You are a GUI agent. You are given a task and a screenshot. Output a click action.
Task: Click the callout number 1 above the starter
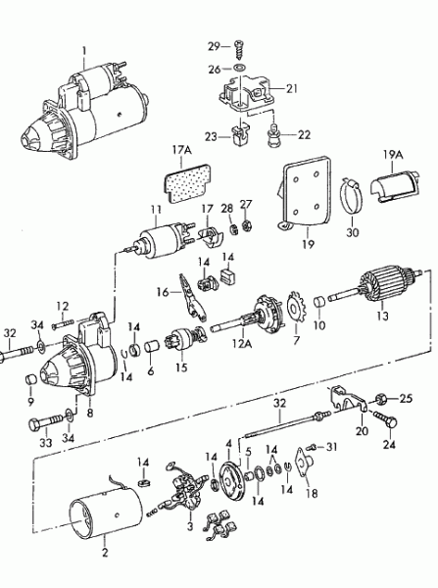[x=84, y=50]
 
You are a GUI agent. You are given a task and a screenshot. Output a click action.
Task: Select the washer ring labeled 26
[x=239, y=69]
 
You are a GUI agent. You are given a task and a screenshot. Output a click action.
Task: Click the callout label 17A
[x=181, y=150]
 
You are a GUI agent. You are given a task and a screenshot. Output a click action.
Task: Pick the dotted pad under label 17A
[x=187, y=182]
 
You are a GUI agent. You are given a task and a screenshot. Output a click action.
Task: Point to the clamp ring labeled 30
[x=352, y=197]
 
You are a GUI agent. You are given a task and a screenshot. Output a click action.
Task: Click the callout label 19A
[x=393, y=155]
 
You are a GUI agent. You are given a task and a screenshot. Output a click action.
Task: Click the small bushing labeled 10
[x=319, y=302]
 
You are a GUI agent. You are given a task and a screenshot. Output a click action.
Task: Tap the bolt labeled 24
[x=385, y=418]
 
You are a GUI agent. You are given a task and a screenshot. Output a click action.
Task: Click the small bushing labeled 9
[x=30, y=379]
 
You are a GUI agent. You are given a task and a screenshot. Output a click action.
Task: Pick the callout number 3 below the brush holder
[x=190, y=526]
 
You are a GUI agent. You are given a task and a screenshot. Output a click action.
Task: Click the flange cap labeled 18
[x=304, y=463]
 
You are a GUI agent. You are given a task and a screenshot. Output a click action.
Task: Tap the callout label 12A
[x=242, y=343]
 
